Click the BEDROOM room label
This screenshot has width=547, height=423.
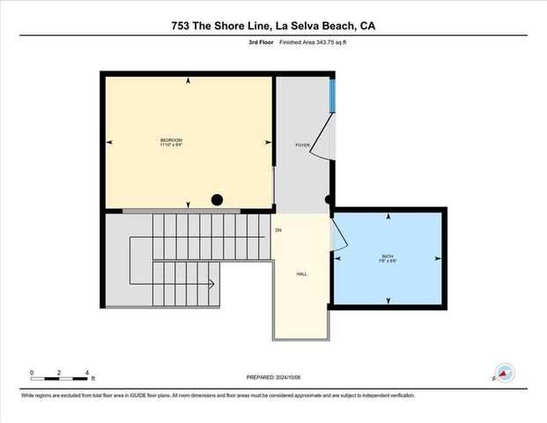coord(171,140)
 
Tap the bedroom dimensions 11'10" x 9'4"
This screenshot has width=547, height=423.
coord(171,145)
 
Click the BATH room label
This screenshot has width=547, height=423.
coord(388,256)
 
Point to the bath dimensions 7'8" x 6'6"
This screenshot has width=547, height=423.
coord(388,261)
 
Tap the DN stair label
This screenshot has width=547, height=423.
coord(278,231)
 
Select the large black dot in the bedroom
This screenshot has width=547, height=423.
coord(218,200)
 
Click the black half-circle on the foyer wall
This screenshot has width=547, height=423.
coord(329,200)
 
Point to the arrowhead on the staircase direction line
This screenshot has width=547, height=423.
coord(212,284)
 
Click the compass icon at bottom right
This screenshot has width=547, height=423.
coord(505,373)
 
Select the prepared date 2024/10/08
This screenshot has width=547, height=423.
coord(298,376)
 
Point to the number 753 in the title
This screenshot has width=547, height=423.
coord(183,26)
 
